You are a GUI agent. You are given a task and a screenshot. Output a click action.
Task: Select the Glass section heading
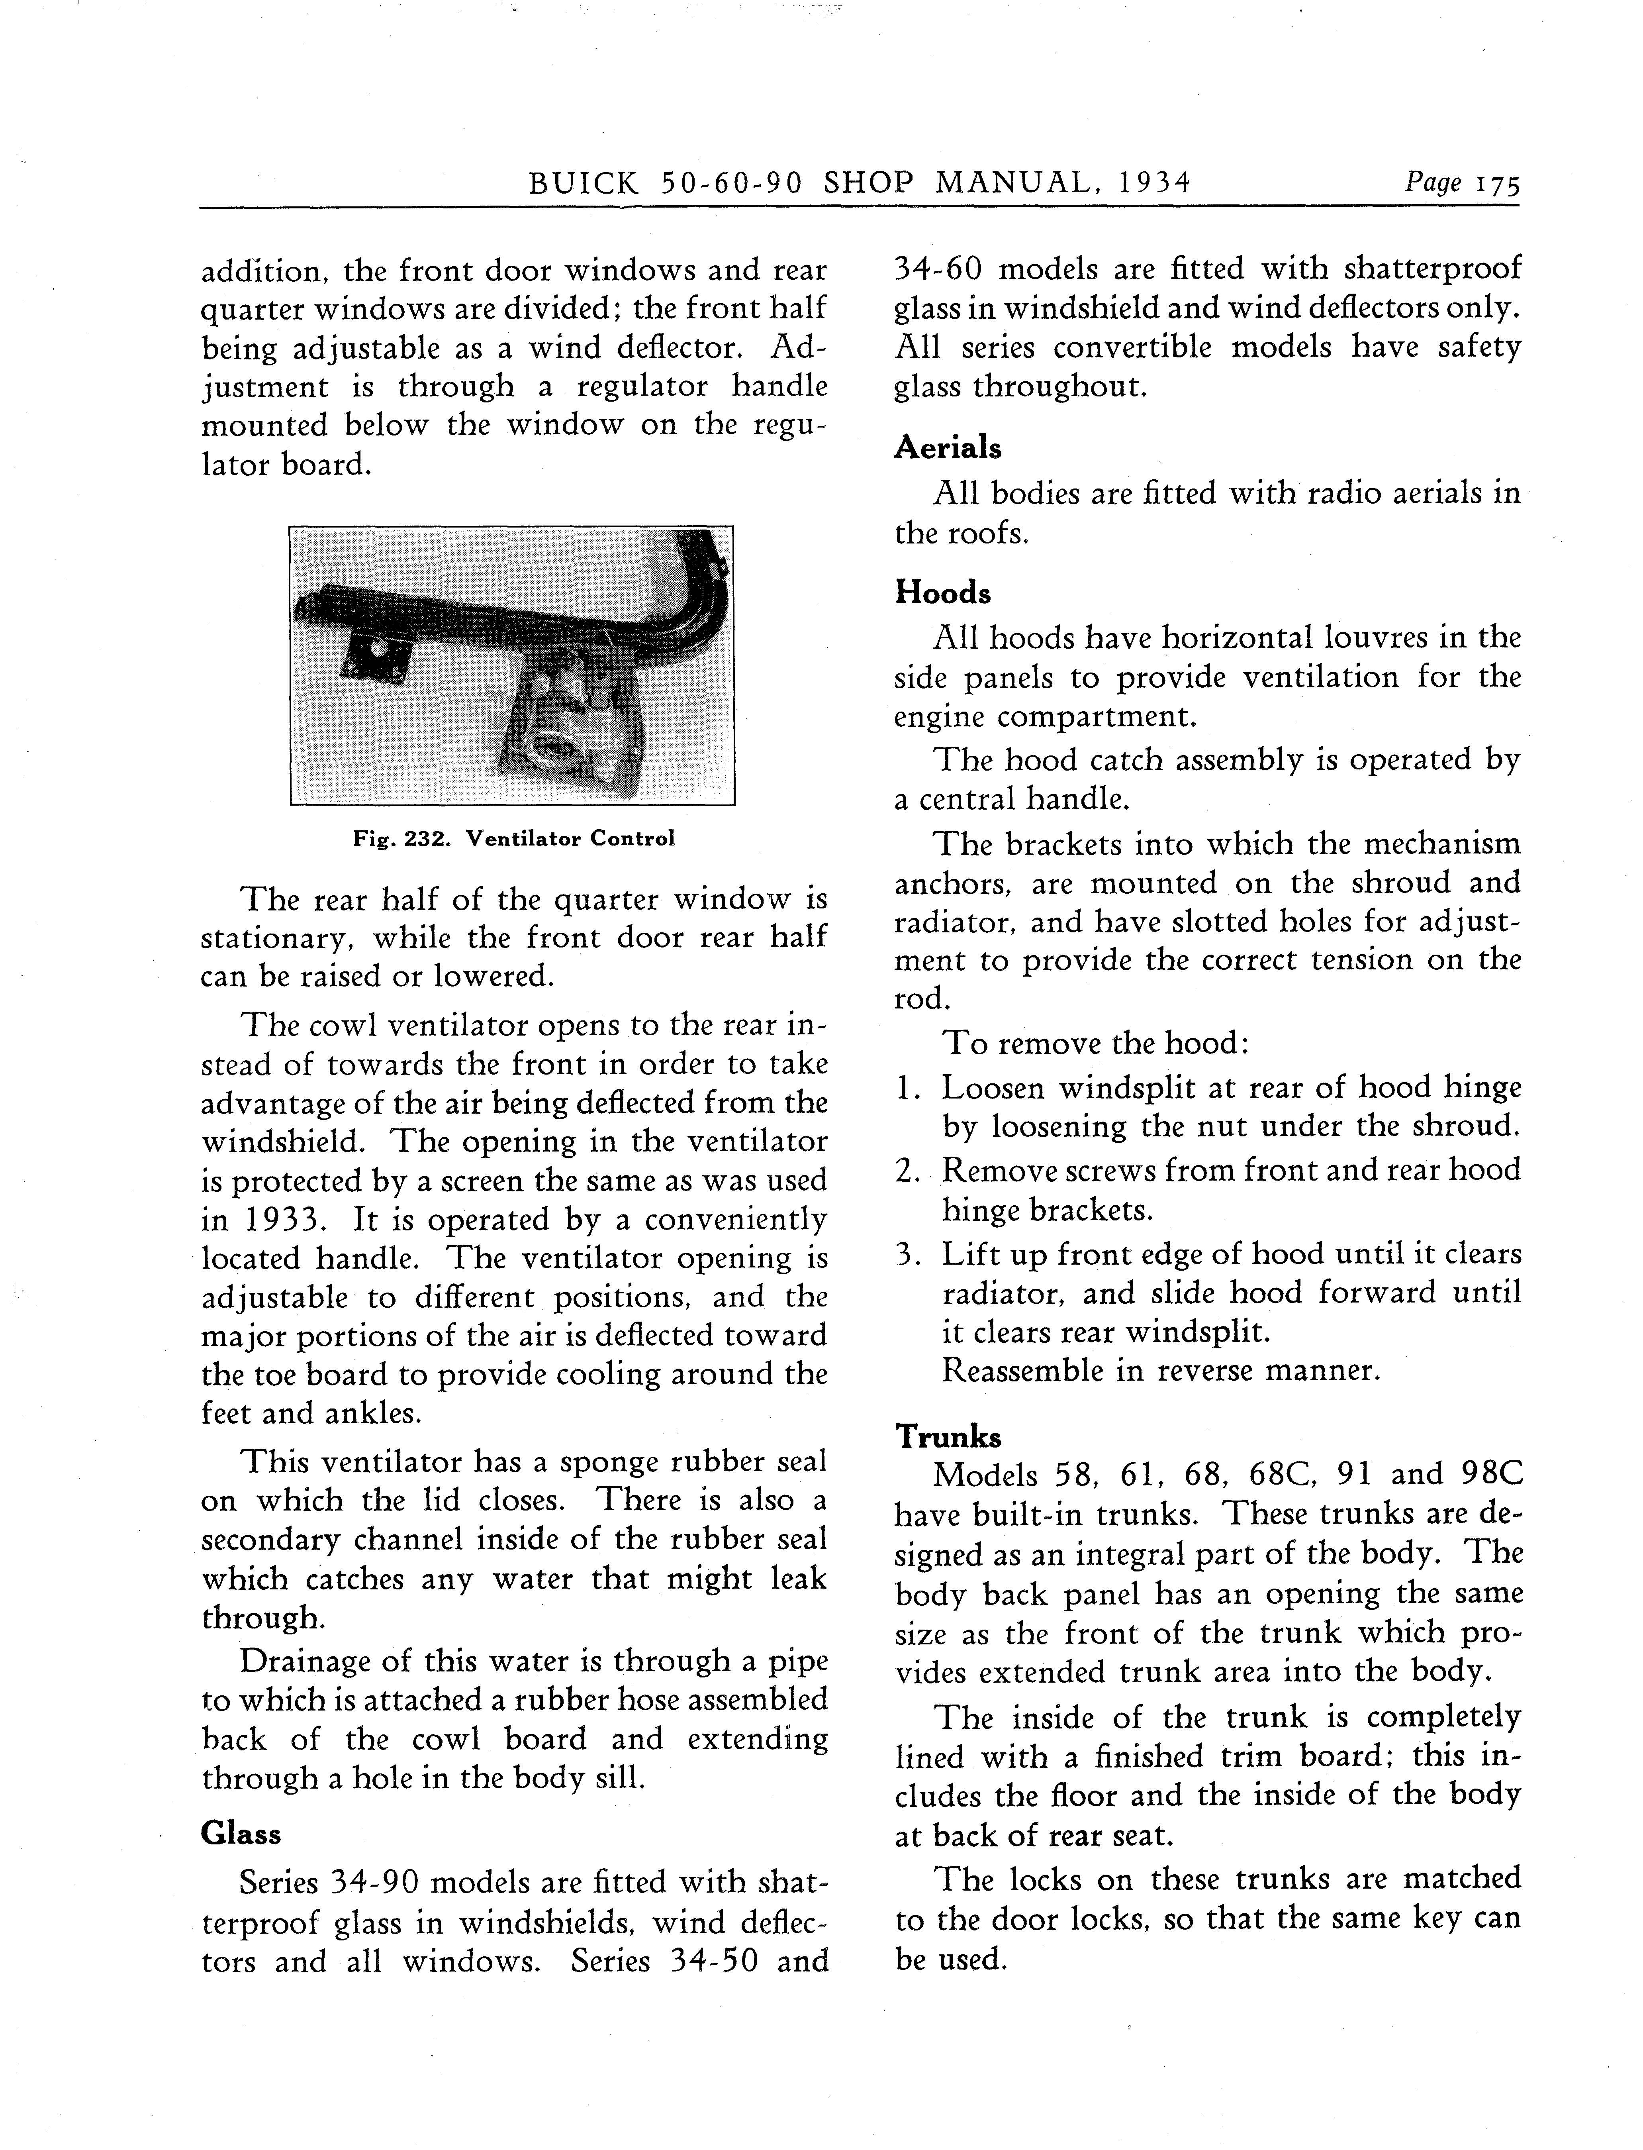tap(241, 1833)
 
